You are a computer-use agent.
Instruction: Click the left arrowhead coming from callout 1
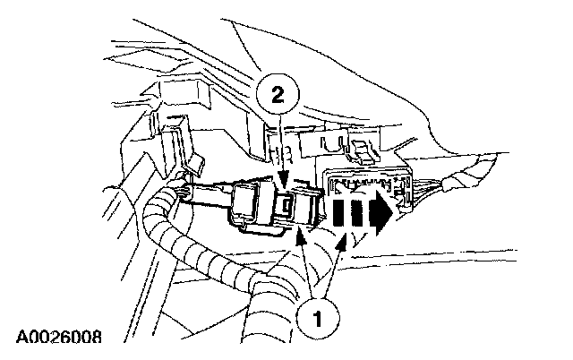coord(303,235)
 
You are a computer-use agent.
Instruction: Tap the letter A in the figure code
coord(21,339)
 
